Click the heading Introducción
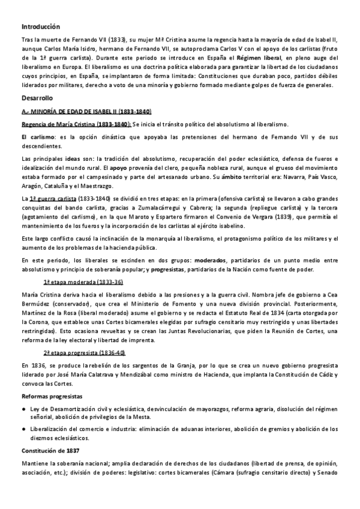(x=41, y=26)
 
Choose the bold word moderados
(x=226, y=259)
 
